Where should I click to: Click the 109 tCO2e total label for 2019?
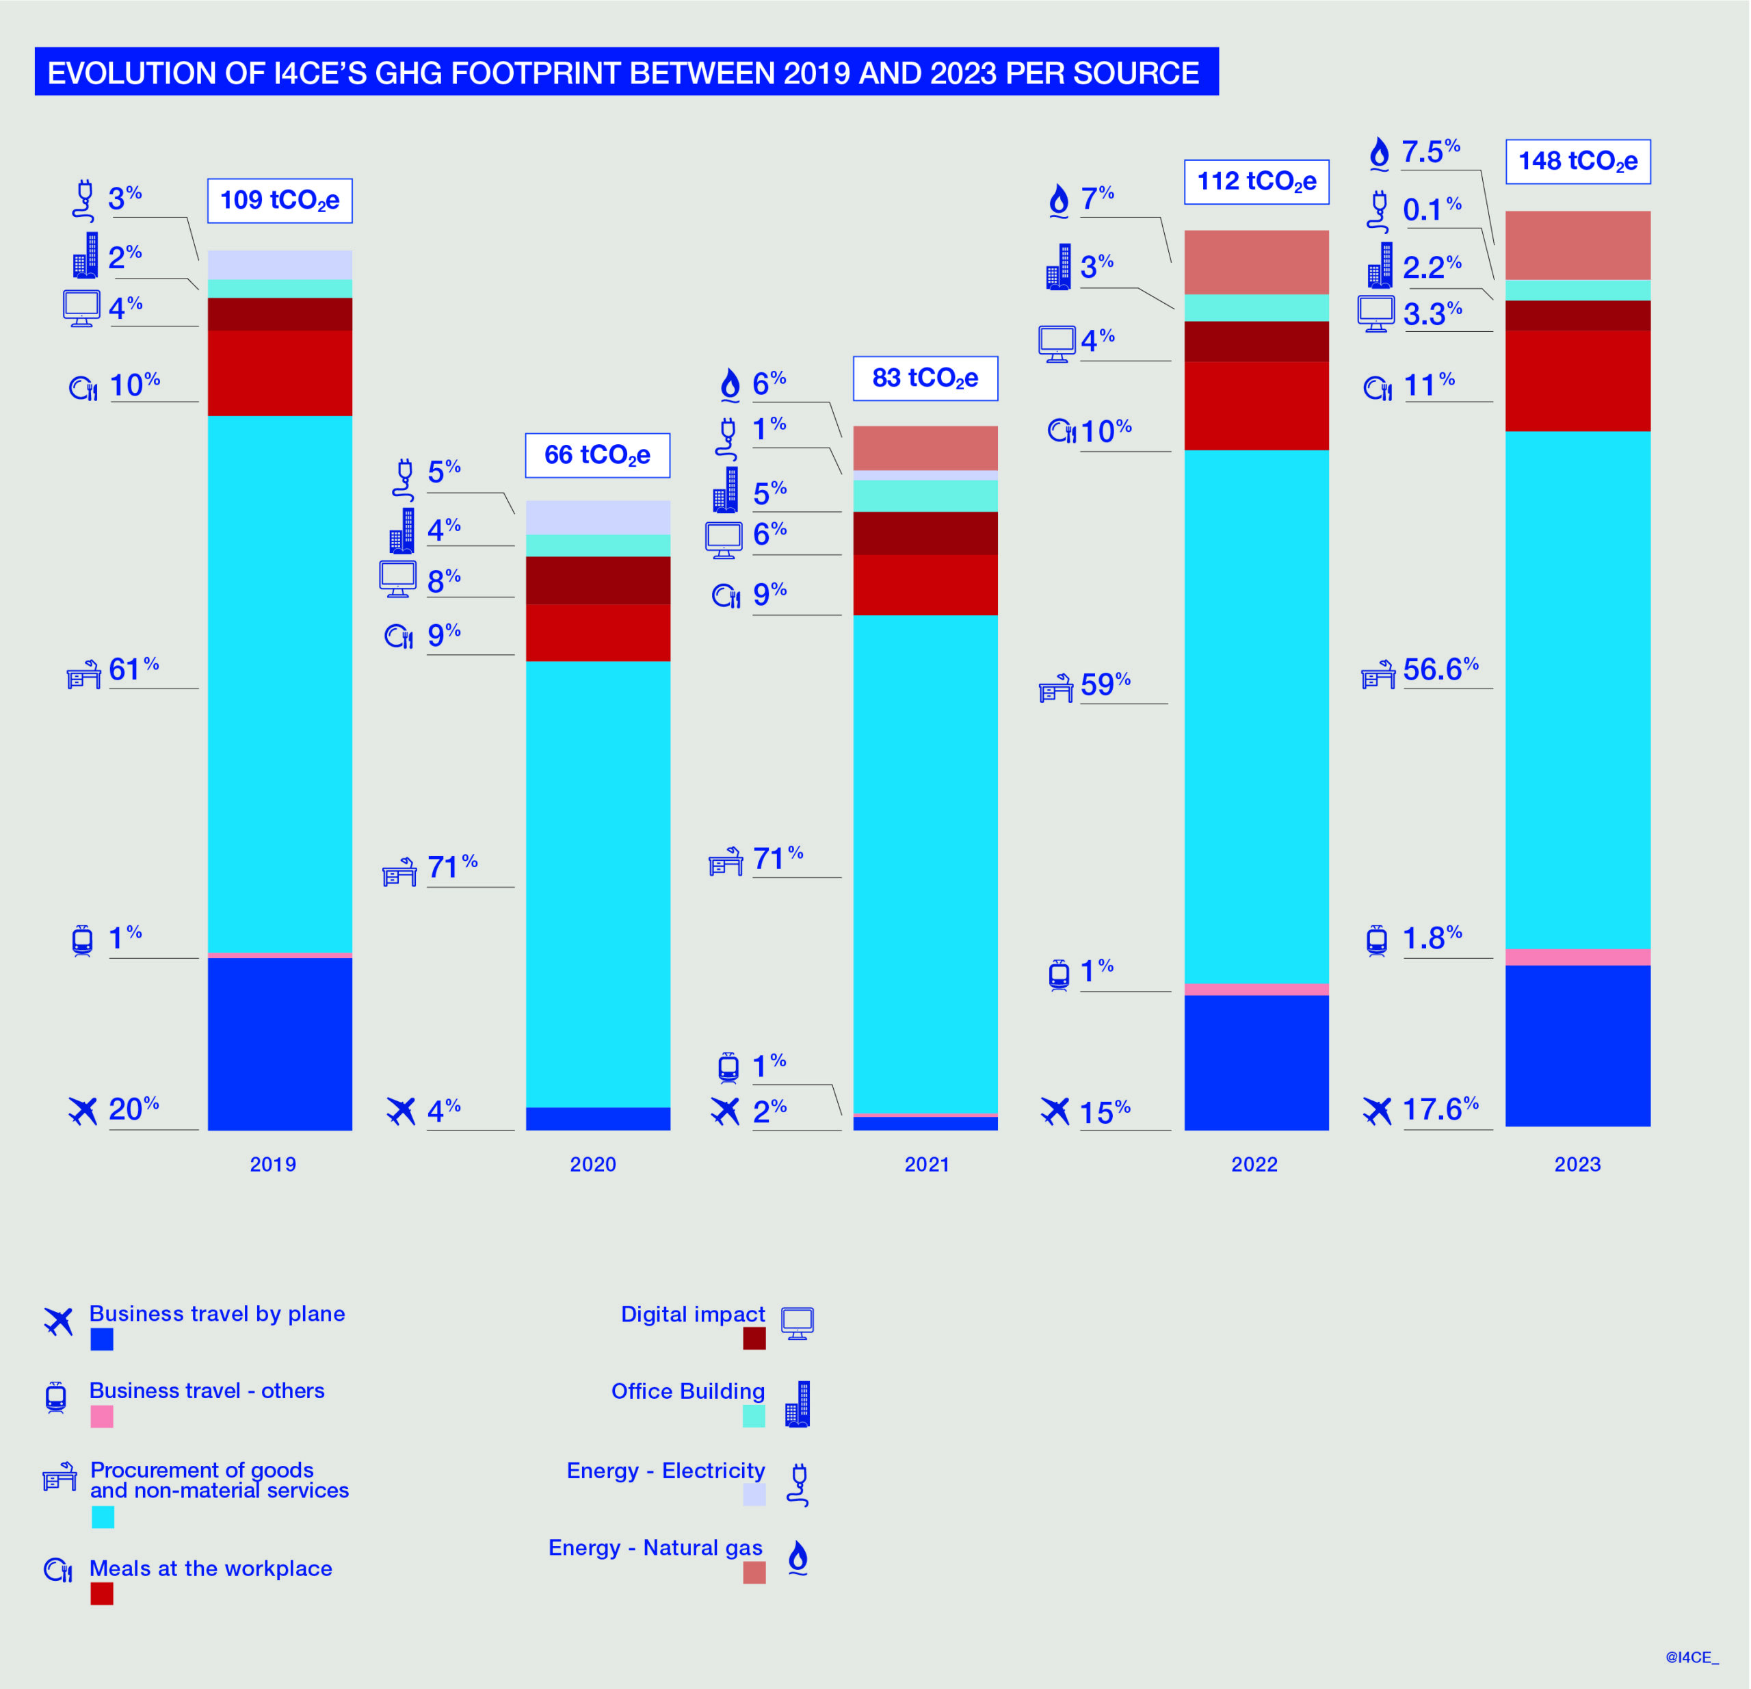(280, 201)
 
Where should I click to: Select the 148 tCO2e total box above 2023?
(1578, 162)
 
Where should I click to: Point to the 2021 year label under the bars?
(926, 1163)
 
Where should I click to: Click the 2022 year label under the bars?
(1254, 1163)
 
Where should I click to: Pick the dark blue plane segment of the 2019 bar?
(280, 1043)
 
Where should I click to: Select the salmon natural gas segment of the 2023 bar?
(1578, 245)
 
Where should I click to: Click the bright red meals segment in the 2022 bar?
(1256, 405)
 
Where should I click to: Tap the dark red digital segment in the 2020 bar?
(598, 580)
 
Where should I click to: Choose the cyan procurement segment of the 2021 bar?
(925, 862)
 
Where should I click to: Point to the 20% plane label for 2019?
(134, 1109)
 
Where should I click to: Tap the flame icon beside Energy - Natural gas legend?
(798, 1557)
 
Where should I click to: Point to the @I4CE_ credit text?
(1691, 1657)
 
